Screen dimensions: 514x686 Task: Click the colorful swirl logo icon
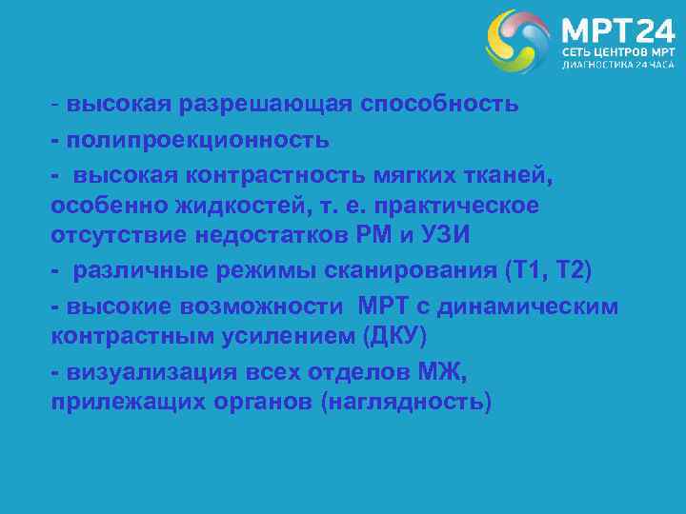[x=518, y=41]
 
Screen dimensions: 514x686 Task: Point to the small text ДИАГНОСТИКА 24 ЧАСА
[x=616, y=66]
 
